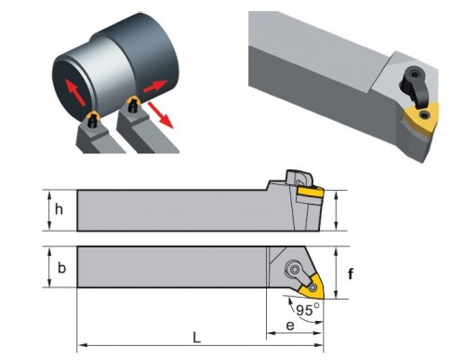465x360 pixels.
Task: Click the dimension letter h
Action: [59, 209]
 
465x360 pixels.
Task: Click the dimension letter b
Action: [61, 268]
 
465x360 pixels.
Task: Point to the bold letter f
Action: [351, 273]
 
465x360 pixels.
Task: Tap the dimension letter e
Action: [290, 326]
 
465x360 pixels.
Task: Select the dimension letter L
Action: [196, 338]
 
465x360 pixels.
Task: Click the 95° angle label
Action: [308, 310]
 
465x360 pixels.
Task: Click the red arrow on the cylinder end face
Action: [74, 92]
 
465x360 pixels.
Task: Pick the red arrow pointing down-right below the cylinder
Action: [160, 114]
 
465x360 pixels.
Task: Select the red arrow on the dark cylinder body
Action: [154, 86]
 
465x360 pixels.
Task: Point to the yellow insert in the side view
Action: [310, 193]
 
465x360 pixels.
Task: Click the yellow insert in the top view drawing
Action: [312, 287]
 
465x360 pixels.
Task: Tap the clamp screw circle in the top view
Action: [294, 269]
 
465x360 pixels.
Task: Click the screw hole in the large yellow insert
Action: [423, 115]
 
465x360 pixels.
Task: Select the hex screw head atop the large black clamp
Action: [415, 73]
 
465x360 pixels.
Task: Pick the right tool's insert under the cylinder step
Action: [134, 100]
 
